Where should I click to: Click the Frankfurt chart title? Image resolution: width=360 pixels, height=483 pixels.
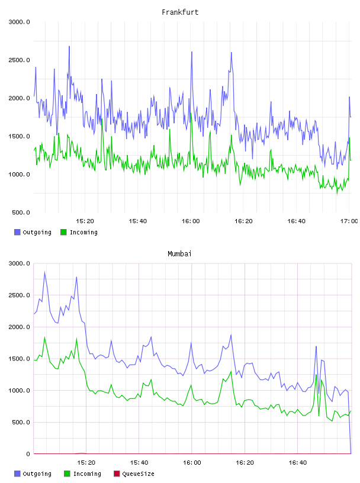click(x=180, y=12)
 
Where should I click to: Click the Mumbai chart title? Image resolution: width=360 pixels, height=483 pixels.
click(x=179, y=253)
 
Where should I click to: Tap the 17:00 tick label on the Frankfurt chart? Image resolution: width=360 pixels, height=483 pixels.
click(x=349, y=221)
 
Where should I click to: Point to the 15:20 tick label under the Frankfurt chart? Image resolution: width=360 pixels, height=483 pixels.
click(x=85, y=221)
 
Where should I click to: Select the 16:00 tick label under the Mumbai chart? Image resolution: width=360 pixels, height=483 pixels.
click(x=192, y=462)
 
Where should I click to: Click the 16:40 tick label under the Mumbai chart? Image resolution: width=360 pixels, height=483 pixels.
click(x=297, y=462)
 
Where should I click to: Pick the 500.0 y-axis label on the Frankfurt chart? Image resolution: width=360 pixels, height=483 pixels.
click(x=21, y=212)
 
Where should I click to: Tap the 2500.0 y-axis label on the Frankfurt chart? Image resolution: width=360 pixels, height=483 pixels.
click(x=19, y=60)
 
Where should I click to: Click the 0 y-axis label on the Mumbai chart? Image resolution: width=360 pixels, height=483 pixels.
click(x=28, y=454)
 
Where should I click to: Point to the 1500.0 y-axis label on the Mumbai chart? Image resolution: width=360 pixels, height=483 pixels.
click(x=19, y=359)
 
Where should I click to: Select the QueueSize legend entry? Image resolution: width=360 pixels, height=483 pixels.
click(x=134, y=474)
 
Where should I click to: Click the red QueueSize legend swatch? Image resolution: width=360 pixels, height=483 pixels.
click(x=117, y=474)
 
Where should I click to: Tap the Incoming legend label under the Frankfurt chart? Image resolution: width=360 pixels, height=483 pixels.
click(x=83, y=232)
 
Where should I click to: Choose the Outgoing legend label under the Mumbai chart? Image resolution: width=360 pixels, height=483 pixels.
click(x=37, y=474)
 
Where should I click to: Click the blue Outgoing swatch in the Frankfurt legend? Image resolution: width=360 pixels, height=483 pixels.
click(x=17, y=232)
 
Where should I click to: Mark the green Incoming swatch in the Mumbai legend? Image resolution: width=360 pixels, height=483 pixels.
click(x=67, y=474)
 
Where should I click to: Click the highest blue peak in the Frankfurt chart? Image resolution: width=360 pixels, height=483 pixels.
click(x=69, y=47)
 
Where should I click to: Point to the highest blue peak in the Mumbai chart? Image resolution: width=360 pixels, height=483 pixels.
click(x=44, y=272)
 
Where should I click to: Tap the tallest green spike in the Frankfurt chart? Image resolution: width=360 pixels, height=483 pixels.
click(x=191, y=114)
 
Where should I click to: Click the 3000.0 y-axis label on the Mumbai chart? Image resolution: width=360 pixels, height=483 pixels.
click(x=19, y=263)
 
